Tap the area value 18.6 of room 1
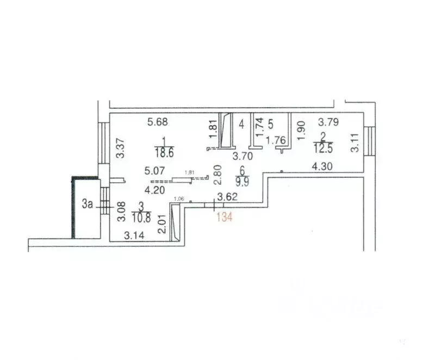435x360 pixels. pyautogui.click(x=163, y=153)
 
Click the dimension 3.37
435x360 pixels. pyautogui.click(x=121, y=148)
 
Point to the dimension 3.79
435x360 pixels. pyautogui.click(x=328, y=122)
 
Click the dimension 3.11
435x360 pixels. pyautogui.click(x=355, y=143)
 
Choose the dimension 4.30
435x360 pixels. pyautogui.click(x=322, y=167)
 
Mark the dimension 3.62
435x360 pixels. pyautogui.click(x=228, y=196)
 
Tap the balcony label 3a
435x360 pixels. pyautogui.click(x=88, y=204)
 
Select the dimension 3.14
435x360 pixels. pyautogui.click(x=134, y=236)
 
